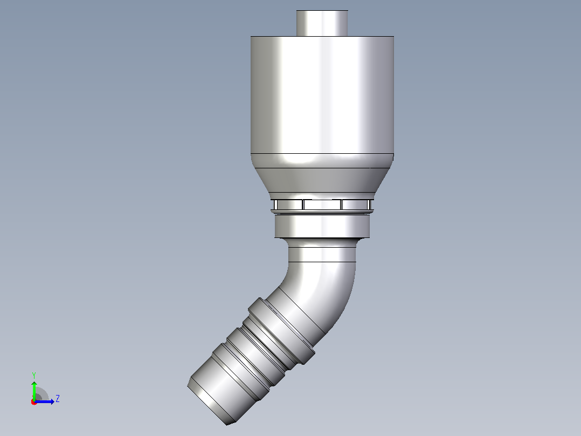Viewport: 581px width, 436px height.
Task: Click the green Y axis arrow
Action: (34, 390)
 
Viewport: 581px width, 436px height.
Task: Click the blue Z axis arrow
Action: (44, 401)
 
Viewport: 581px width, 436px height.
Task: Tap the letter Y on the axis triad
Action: (34, 376)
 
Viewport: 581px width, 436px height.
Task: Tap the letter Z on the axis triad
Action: (58, 399)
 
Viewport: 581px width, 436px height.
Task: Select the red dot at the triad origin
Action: (34, 402)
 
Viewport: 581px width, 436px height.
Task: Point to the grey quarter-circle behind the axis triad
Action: (42, 393)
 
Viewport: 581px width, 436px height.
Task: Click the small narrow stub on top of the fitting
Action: (322, 23)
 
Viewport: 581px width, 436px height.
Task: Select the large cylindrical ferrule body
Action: (322, 94)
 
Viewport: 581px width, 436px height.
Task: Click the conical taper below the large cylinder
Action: (322, 180)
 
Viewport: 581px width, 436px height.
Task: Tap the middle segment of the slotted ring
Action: (322, 205)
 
